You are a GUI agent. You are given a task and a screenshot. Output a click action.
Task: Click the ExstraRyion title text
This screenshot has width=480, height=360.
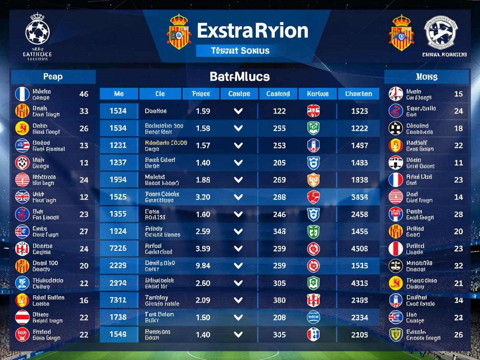252,31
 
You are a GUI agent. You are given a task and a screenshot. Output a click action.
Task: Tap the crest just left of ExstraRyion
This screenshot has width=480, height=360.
179,32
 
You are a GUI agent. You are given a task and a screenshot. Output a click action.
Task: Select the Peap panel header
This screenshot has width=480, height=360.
53,77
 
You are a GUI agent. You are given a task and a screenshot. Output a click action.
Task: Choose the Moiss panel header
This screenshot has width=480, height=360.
426,77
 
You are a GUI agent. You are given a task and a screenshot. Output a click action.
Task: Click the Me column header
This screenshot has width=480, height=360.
119,94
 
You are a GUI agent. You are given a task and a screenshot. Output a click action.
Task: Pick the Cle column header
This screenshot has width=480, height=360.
160,94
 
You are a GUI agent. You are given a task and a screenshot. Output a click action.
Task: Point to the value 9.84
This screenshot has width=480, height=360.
202,266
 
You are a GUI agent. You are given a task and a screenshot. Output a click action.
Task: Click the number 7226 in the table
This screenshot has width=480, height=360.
118,249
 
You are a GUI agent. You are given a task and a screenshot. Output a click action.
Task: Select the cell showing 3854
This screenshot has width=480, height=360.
359,197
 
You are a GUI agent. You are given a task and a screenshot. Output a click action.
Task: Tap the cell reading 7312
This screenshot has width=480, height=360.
118,300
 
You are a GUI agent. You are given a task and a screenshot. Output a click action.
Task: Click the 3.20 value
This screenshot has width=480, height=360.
202,197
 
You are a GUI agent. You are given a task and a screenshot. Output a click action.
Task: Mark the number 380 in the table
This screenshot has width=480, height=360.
279,300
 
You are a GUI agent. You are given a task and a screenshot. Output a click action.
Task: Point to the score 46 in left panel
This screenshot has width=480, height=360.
84,94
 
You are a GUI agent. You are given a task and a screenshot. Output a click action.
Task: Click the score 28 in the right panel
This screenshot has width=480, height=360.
458,214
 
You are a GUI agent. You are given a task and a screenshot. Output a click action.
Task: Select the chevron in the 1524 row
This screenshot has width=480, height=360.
238,111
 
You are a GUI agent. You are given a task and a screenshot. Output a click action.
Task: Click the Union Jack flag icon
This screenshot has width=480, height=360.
22,197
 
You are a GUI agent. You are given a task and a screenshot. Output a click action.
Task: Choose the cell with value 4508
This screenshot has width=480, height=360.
359,249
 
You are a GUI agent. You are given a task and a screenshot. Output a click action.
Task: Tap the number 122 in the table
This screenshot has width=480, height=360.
279,111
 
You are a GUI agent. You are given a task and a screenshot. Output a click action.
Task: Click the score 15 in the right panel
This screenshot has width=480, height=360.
458,94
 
